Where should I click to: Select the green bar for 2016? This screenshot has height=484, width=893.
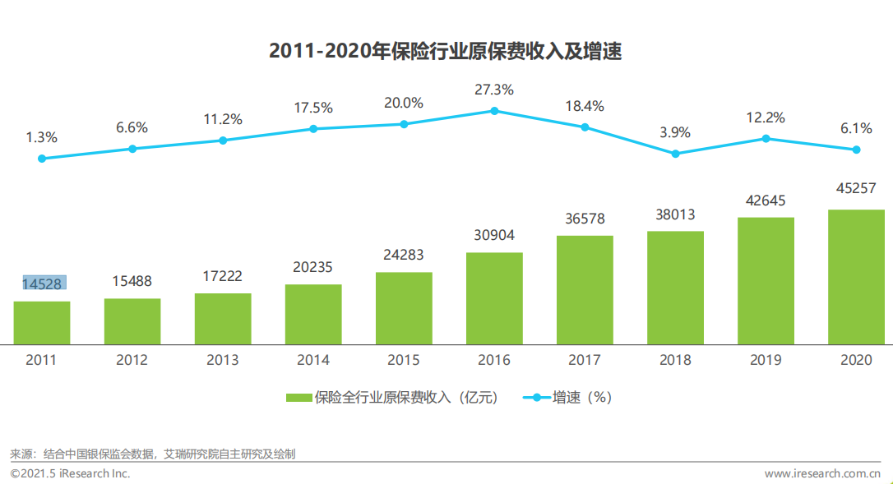[x=494, y=297]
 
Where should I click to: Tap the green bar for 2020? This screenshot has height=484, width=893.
[x=856, y=276]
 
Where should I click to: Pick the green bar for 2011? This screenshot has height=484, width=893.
[x=42, y=322]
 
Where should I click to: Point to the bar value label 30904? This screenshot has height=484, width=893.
[x=494, y=234]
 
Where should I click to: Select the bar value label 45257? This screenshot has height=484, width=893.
[x=856, y=191]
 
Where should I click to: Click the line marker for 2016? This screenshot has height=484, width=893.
[x=494, y=110]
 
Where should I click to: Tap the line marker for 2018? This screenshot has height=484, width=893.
[x=675, y=154]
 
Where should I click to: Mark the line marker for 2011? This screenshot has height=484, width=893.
[x=42, y=159]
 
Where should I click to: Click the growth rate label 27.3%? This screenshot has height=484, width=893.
[x=494, y=89]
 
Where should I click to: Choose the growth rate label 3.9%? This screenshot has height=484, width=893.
[x=675, y=132]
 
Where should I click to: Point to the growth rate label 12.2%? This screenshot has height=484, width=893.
[x=766, y=117]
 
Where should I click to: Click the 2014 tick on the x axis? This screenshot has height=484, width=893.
[x=313, y=360]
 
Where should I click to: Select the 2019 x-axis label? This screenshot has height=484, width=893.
[x=766, y=360]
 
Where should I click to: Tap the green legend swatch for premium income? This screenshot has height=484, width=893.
[x=299, y=398]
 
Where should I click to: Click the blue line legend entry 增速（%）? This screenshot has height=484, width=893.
[x=567, y=398]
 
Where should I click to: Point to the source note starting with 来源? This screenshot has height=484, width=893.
[x=153, y=454]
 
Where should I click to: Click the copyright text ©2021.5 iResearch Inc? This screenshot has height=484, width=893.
[x=70, y=474]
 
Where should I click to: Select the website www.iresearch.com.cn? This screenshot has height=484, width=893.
[x=822, y=474]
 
